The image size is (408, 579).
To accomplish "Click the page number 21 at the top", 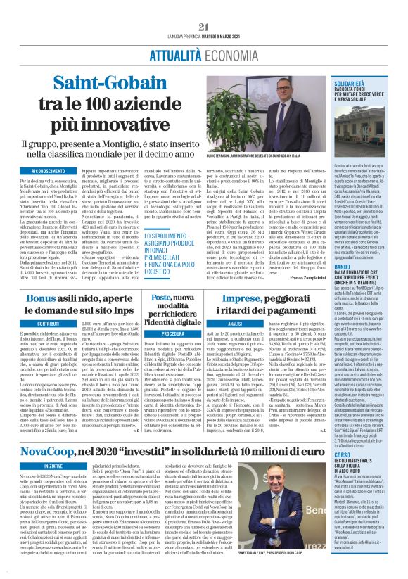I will (204, 27).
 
